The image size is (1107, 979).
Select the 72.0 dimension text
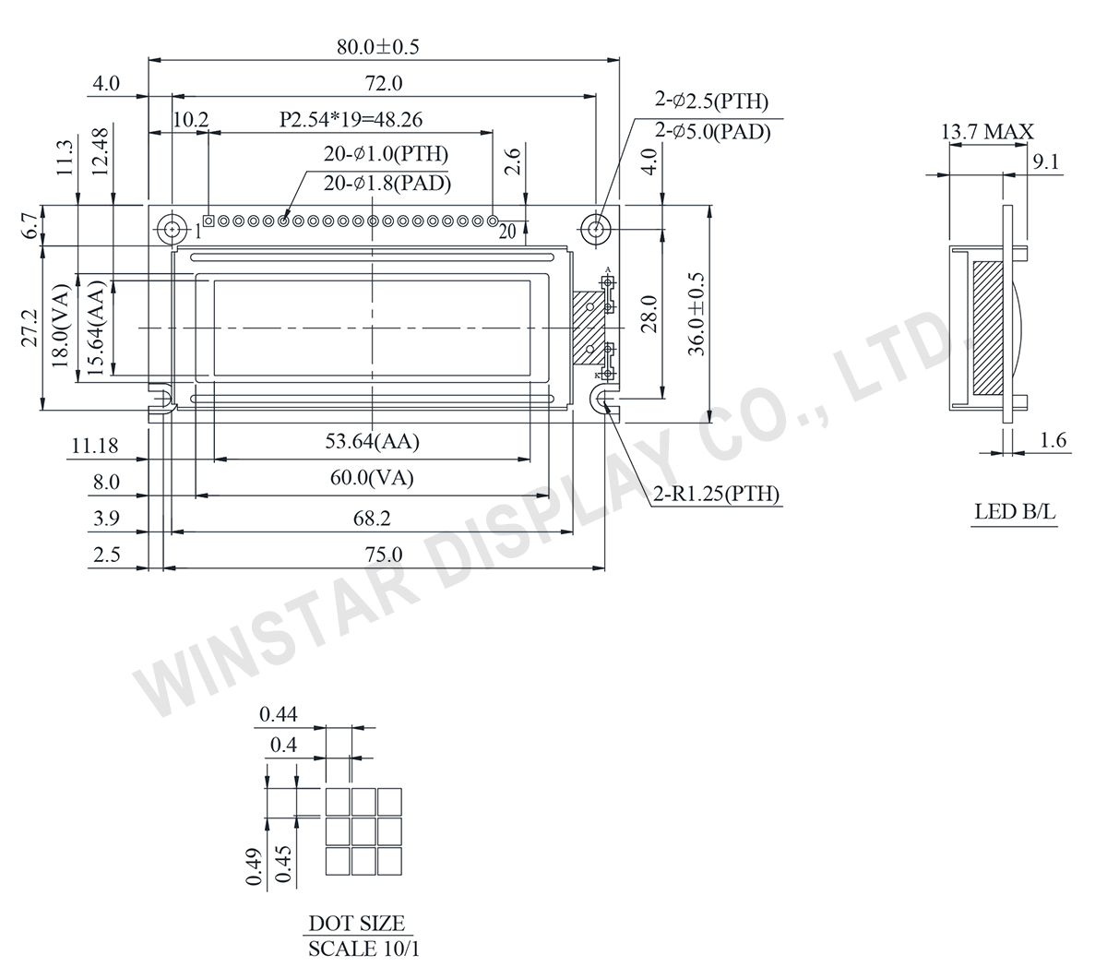pos(383,83)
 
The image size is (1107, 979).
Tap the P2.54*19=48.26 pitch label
pos(351,120)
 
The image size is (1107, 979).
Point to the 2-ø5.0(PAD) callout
pos(711,132)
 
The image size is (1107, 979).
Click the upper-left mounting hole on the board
pos(172,228)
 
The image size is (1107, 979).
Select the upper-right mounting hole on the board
pos(598,228)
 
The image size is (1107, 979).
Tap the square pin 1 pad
pos(208,221)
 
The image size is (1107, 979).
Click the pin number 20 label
pos(506,233)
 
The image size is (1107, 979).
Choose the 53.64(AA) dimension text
pos(372,442)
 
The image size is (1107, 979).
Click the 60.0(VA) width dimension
pos(372,478)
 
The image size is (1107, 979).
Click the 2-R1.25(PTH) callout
pos(716,495)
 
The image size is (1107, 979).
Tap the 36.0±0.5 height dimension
pos(696,314)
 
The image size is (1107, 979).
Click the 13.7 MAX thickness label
pos(987,133)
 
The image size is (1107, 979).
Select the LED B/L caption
pos(1015,512)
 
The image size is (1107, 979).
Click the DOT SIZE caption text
pos(356,923)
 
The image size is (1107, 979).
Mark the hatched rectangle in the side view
pos(988,325)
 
